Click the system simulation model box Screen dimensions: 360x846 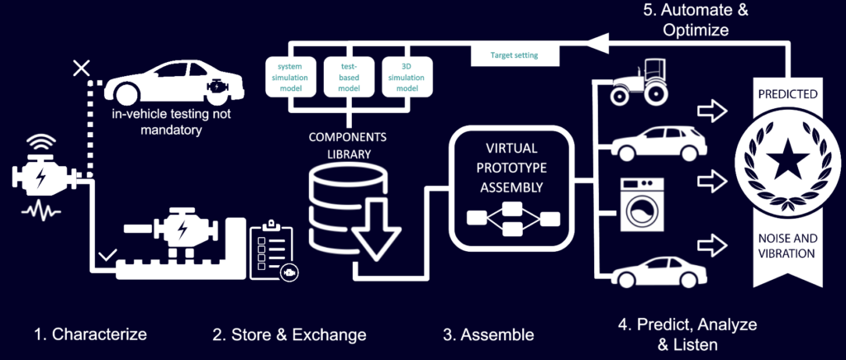point(289,75)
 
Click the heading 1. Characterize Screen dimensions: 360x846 point(91,334)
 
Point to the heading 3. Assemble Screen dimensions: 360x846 point(487,334)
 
